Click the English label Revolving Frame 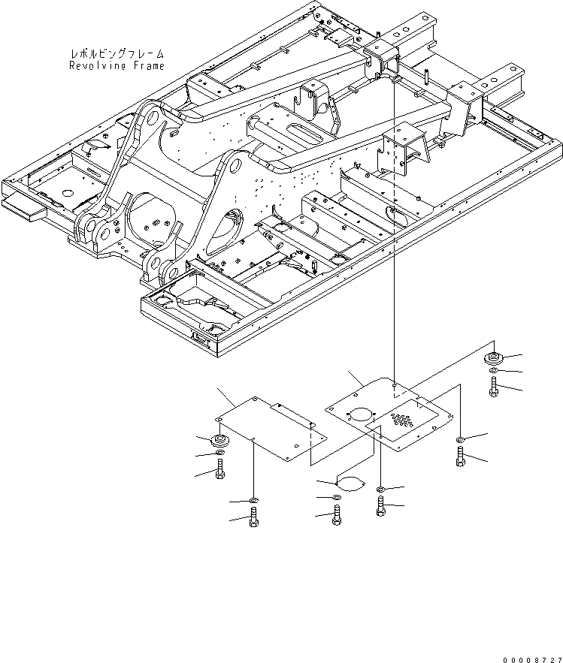[117, 66]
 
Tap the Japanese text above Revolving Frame [117, 55]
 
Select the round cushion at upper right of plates [494, 356]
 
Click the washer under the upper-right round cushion [493, 371]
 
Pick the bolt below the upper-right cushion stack [493, 387]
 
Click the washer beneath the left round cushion [219, 454]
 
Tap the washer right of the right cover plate [460, 439]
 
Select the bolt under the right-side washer [460, 456]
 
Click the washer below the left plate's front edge [253, 500]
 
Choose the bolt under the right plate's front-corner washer [381, 508]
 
